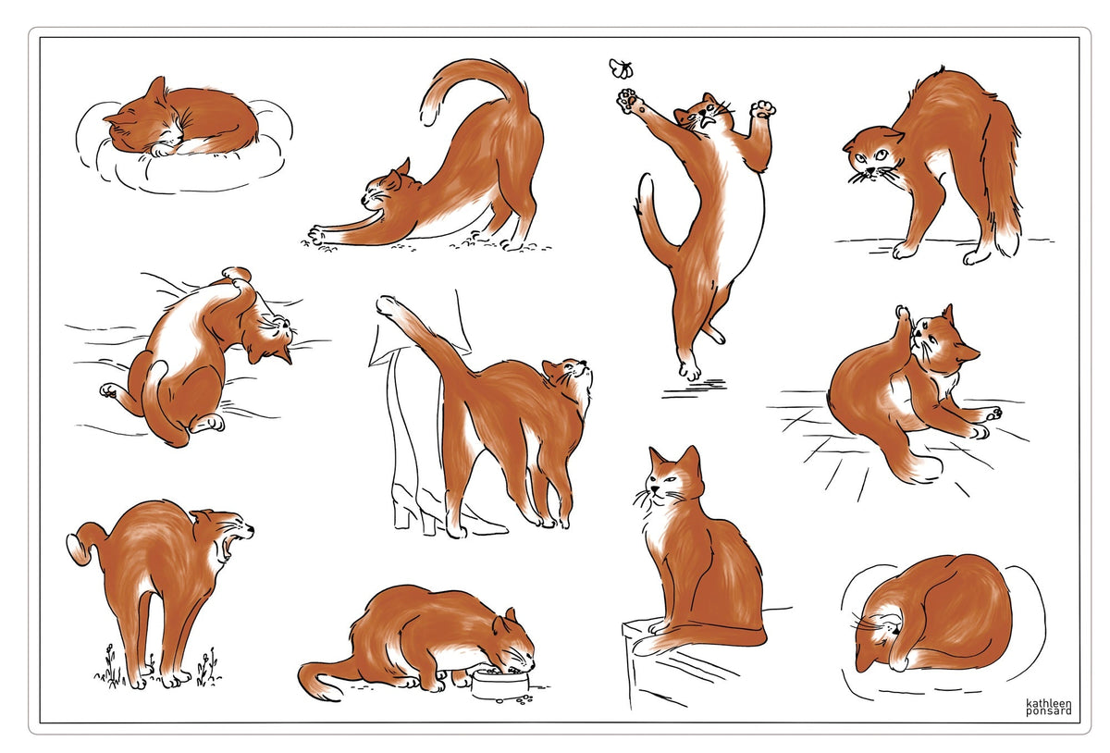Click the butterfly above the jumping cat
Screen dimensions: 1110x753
coord(621,68)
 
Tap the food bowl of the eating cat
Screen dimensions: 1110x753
coord(499,684)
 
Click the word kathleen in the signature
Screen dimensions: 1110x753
coord(1049,703)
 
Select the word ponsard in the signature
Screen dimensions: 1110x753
coord(1049,711)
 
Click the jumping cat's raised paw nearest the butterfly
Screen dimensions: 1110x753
coord(629,101)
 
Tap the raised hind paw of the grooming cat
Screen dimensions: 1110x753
coord(903,317)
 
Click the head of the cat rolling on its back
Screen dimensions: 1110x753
coord(270,336)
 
